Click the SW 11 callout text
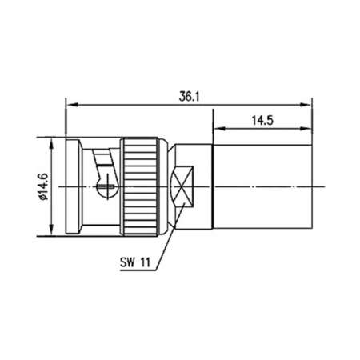138,260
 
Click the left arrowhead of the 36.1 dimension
69,104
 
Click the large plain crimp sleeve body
260,187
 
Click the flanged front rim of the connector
71,187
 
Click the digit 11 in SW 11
147,260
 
